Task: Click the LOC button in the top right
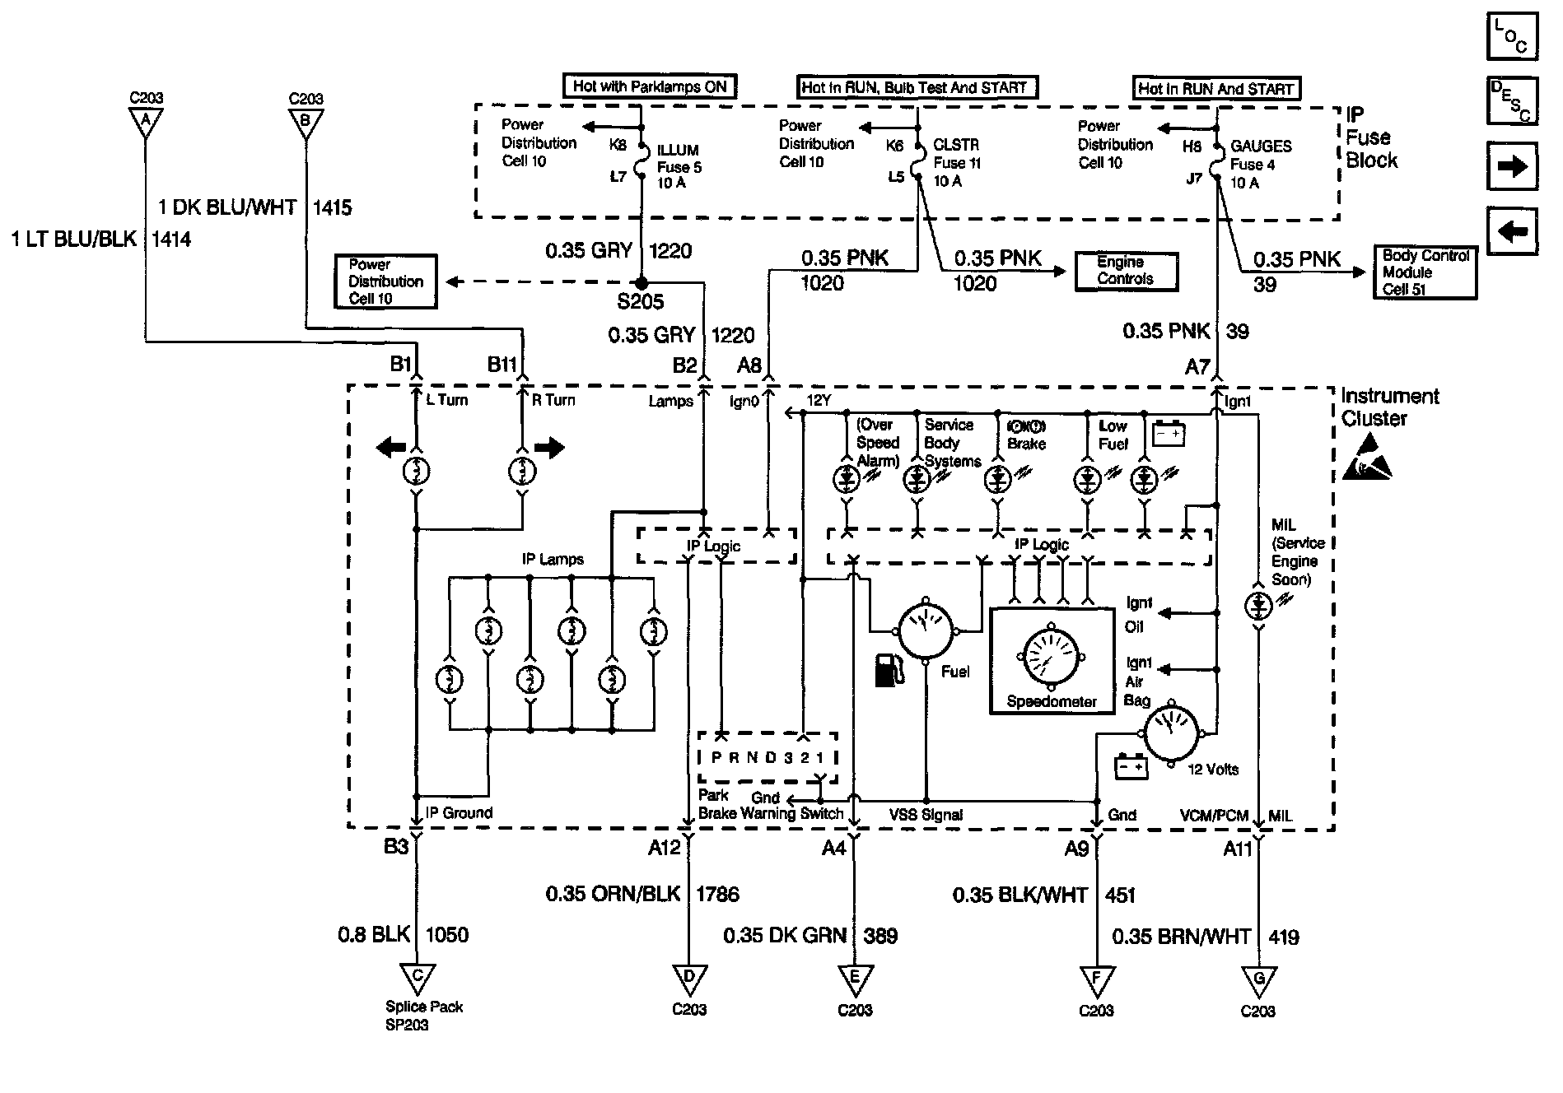point(1512,37)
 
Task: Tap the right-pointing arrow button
point(1512,166)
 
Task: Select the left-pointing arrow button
point(1512,231)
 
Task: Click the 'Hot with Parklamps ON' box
point(649,86)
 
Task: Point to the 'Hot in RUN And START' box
point(1215,88)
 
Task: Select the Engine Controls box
point(1126,271)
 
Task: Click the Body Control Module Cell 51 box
point(1425,272)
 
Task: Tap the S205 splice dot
point(642,281)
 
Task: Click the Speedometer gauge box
point(1051,660)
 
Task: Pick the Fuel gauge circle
point(925,631)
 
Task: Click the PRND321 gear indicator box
point(767,757)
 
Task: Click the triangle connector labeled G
point(1257,979)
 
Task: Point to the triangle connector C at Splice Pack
point(418,978)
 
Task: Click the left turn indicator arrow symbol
point(390,448)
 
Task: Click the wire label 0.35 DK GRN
point(785,936)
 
